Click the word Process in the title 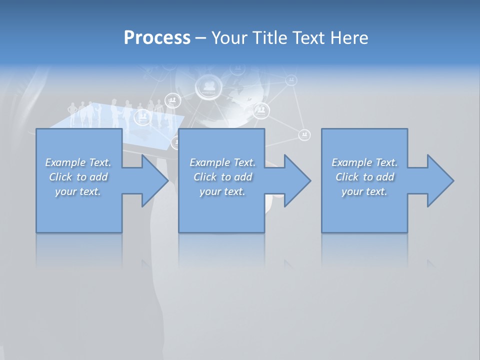click(157, 38)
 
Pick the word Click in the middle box click(204, 177)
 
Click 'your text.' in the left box click(78, 191)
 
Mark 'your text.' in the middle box click(222, 191)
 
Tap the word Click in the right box click(346, 177)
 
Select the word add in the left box click(98, 177)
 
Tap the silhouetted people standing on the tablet click(120, 112)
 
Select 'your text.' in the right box click(364, 191)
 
